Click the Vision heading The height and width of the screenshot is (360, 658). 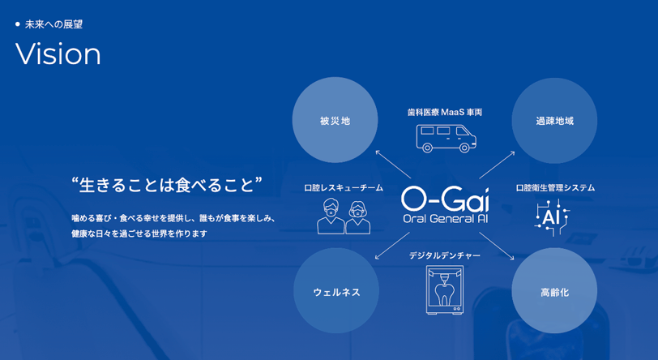coord(58,54)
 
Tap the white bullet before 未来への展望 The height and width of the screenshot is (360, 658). coord(18,24)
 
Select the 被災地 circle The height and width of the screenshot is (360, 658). coord(335,120)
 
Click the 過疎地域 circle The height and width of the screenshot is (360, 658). coord(554,121)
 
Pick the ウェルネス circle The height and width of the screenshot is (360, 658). coord(336,291)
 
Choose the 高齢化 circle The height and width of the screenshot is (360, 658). coord(554,291)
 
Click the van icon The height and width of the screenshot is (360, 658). coord(446,138)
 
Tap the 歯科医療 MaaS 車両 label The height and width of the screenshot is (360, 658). coord(445,113)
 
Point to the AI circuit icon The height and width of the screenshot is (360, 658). coord(552,218)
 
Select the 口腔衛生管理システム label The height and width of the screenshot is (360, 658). coord(555,188)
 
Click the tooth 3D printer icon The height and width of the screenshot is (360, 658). coord(445,289)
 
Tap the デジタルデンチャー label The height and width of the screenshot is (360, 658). coord(445,255)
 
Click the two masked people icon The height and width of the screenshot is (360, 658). coord(344,216)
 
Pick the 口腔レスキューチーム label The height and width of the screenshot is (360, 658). coord(344,188)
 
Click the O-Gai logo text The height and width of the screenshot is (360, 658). coord(445,199)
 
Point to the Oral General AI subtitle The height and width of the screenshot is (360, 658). coord(445,219)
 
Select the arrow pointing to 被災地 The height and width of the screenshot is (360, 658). coord(393,165)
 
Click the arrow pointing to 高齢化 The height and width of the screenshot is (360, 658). coord(497,246)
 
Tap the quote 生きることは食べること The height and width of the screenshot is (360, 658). coord(167,185)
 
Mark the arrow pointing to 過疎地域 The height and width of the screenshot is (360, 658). coord(497,165)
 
